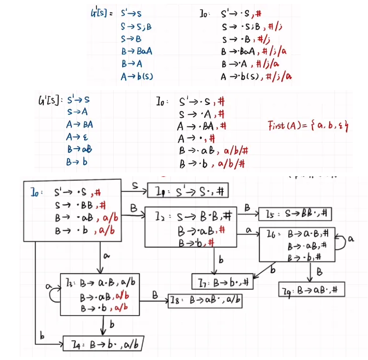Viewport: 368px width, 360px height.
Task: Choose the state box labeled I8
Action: [x=205, y=299]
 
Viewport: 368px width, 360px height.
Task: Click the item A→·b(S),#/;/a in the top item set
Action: [x=256, y=76]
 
